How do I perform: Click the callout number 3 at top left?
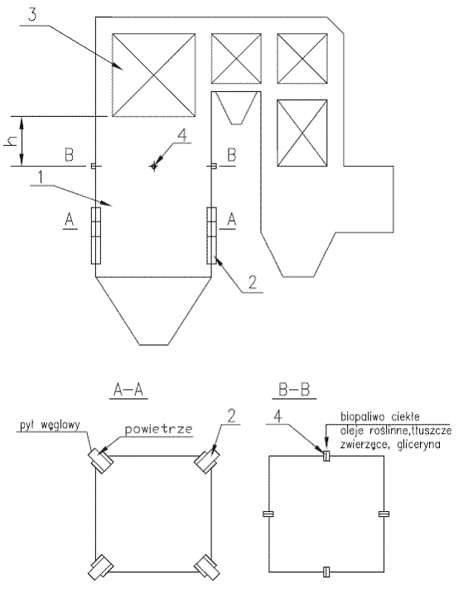(x=32, y=14)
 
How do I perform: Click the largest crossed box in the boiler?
(x=153, y=75)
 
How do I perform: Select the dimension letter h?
(x=11, y=141)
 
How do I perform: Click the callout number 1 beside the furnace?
(x=41, y=178)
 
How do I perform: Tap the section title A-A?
(x=128, y=389)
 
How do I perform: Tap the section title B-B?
(x=294, y=389)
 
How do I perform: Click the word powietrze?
(x=158, y=429)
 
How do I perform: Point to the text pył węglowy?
(x=50, y=425)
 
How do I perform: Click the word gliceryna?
(x=419, y=445)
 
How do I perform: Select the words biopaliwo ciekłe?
(x=380, y=416)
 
